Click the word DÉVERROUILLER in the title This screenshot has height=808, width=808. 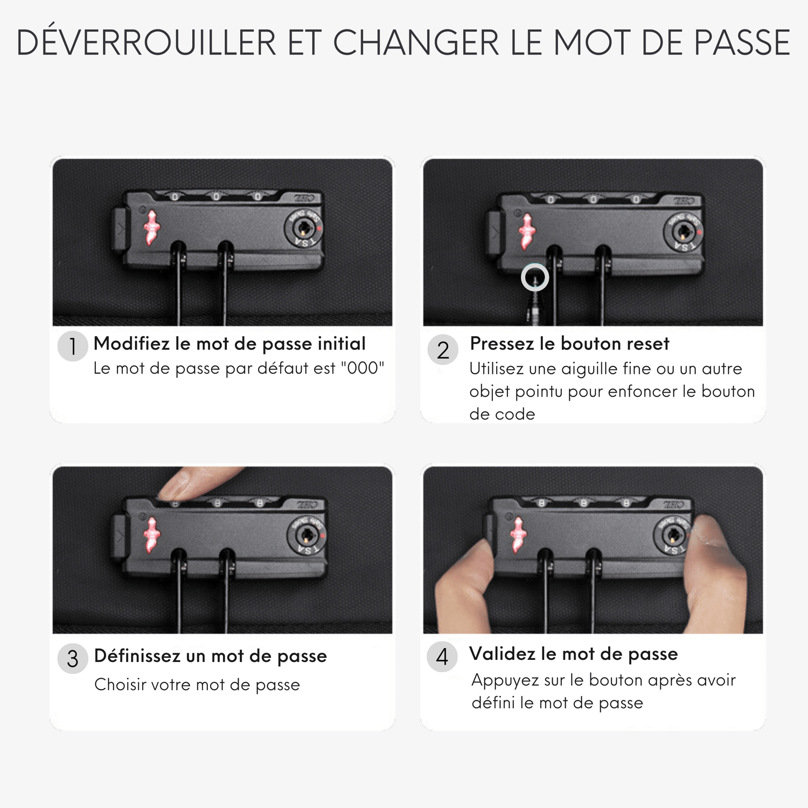tap(146, 42)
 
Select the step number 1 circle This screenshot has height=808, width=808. tap(73, 346)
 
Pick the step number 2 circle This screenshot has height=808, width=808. tap(443, 350)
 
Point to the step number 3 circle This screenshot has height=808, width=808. tap(73, 658)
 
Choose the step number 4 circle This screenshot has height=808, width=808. tap(442, 657)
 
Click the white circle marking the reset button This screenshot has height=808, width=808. tap(535, 277)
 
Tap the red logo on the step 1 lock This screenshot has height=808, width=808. tap(151, 227)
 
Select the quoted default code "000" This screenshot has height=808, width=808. tap(363, 368)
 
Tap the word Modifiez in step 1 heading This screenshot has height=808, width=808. tap(131, 344)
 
